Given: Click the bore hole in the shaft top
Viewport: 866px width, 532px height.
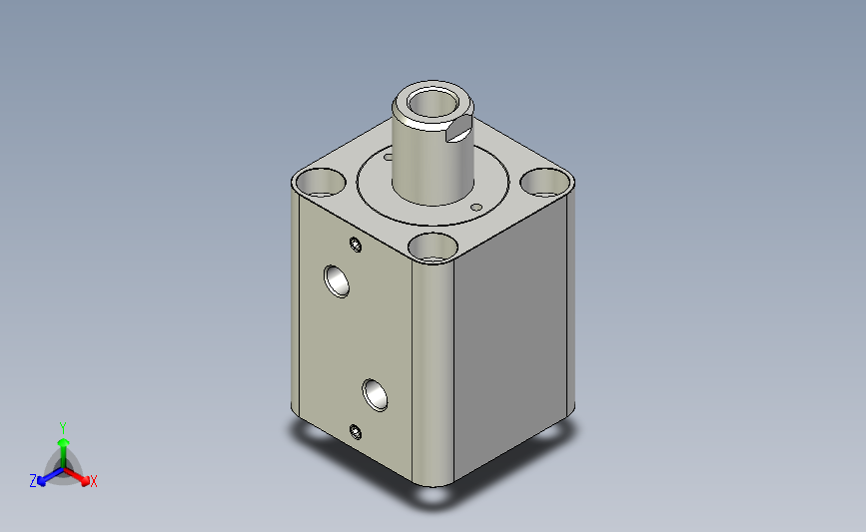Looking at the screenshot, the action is click(432, 104).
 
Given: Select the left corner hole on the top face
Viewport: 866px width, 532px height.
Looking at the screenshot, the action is click(319, 183).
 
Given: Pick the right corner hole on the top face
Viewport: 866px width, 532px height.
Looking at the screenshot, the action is click(545, 183).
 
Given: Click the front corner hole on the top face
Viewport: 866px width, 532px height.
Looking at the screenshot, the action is click(433, 248).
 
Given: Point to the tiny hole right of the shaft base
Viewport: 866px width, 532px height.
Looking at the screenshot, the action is click(476, 208).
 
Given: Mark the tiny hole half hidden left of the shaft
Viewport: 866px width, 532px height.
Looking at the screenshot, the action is click(388, 158).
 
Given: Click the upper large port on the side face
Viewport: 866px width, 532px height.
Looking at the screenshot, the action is click(337, 281).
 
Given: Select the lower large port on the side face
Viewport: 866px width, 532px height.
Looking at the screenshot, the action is click(375, 395).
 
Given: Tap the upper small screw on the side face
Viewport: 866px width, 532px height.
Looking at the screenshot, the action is click(356, 245).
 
